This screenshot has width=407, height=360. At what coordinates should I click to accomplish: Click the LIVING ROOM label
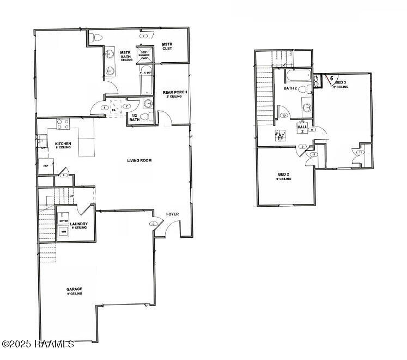click(x=139, y=160)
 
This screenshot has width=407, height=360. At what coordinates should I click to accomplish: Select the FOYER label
click(x=172, y=214)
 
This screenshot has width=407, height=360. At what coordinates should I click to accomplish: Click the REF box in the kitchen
click(x=46, y=165)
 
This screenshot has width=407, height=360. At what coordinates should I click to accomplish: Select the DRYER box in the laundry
click(x=64, y=220)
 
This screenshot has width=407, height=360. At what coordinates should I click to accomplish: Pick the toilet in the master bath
click(x=97, y=37)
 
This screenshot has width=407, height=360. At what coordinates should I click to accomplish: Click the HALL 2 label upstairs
click(x=301, y=128)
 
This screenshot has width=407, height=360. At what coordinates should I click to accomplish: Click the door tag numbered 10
click(x=284, y=116)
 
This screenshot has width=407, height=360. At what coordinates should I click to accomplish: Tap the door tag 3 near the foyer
click(x=154, y=224)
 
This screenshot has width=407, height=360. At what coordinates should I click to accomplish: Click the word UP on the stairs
click(x=71, y=196)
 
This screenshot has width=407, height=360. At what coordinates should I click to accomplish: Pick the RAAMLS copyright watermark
click(x=38, y=344)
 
